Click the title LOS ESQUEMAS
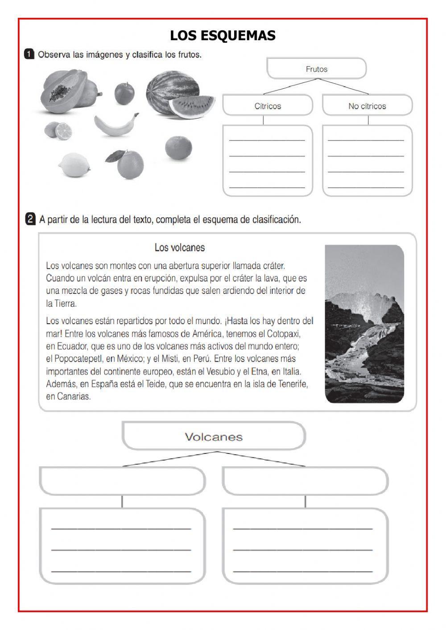coord(223,35)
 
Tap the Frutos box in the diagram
coord(316,69)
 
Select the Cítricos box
coord(268,106)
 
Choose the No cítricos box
coord(367,106)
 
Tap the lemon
coord(74,165)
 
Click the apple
coord(124,93)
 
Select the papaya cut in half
coord(62,91)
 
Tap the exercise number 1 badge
coord(29,54)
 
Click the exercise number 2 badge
coord(30,219)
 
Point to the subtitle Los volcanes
coord(179,247)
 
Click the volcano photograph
coord(364,324)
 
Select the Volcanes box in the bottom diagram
coord(214,436)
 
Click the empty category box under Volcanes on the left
coord(122,481)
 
